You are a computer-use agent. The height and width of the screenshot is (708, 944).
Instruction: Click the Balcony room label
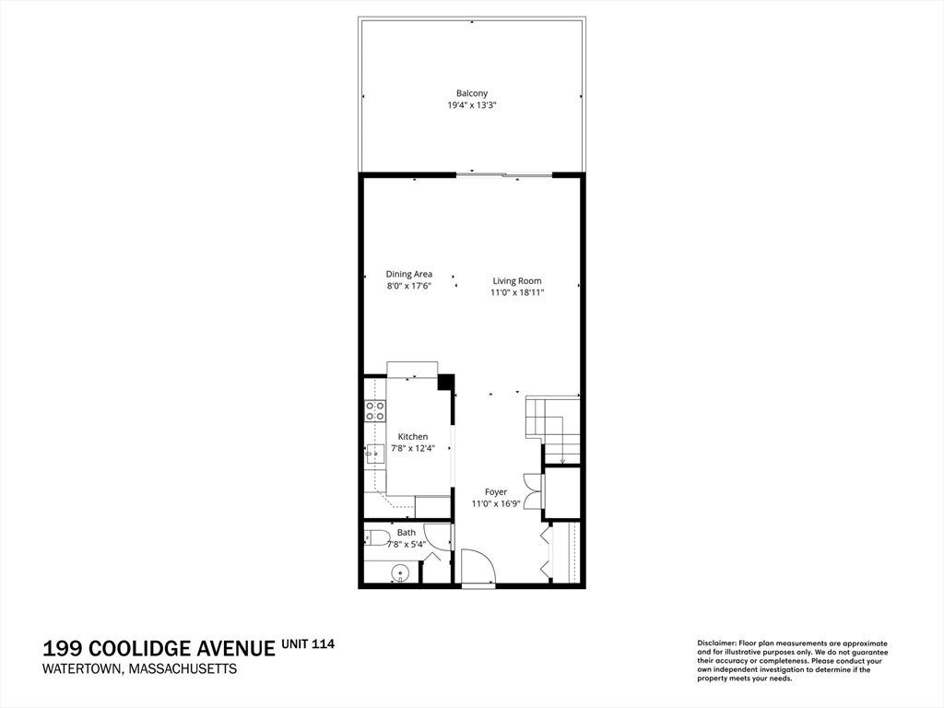coord(471,93)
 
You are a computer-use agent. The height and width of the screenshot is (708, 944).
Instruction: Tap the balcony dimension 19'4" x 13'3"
coord(471,105)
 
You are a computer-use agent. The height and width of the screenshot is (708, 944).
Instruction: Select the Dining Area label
coord(408,274)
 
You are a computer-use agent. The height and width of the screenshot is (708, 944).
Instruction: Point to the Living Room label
coord(517,280)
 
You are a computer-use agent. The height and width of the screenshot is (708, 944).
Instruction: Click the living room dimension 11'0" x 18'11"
coord(517,292)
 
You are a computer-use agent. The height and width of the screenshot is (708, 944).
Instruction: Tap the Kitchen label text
coord(413,436)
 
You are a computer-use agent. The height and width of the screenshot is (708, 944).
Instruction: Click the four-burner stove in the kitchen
coord(375,410)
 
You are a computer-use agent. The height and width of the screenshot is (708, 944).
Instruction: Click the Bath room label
coord(407,532)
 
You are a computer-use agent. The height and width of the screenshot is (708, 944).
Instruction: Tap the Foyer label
coord(496,492)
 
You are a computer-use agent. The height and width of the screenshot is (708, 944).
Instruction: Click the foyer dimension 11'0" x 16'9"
coord(496,504)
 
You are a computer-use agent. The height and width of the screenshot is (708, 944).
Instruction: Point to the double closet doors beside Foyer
coord(533,492)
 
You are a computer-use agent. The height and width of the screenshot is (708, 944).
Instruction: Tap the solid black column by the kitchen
coord(445,383)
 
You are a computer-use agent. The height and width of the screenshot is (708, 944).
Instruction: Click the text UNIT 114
coord(308,643)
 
